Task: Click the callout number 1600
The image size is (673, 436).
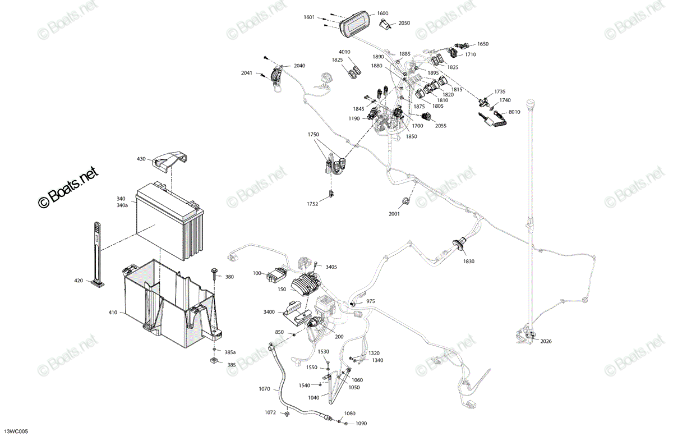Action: pos(382,13)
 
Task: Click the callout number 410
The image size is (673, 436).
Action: pos(113,313)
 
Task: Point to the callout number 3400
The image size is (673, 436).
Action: pos(269,312)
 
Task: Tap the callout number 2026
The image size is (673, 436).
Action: pos(546,341)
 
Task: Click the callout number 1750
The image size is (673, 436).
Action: pos(313,135)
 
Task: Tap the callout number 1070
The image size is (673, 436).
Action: pos(264,389)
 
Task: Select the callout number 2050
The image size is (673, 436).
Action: pos(404,23)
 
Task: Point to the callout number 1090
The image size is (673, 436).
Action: pos(361,423)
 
